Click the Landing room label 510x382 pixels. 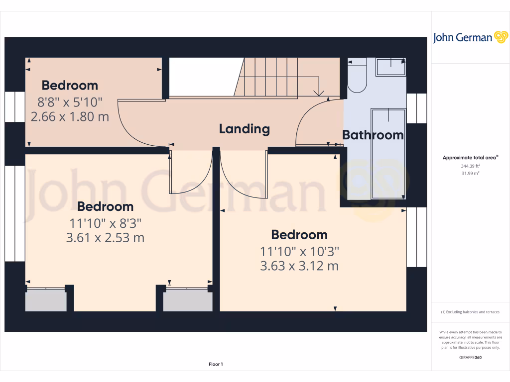244,129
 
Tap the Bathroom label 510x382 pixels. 373,135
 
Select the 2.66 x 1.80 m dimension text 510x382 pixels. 70,117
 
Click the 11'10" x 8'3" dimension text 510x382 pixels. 105,222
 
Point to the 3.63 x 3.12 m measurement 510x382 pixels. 299,266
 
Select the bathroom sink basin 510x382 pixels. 390,67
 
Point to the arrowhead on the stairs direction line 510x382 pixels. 319,93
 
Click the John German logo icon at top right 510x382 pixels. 501,37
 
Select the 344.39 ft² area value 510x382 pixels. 470,166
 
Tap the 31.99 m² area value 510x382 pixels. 470,173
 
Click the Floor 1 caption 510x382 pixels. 216,365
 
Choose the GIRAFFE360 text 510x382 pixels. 470,357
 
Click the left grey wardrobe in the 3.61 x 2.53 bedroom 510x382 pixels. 46,300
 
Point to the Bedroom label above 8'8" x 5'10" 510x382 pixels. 70,85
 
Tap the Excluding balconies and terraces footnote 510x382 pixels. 470,312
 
